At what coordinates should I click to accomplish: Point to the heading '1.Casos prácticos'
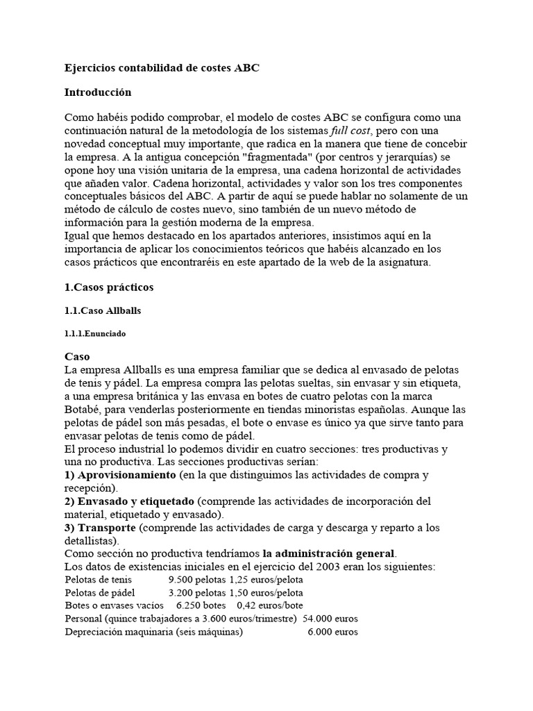109,287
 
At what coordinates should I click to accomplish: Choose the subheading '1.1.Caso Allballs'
103,310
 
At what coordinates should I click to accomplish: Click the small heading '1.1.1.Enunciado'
95,334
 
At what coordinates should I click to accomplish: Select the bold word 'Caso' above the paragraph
77,356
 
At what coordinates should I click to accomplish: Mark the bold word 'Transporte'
107,528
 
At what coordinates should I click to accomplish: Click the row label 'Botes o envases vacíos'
113,606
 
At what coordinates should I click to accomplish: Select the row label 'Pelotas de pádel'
99,593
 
